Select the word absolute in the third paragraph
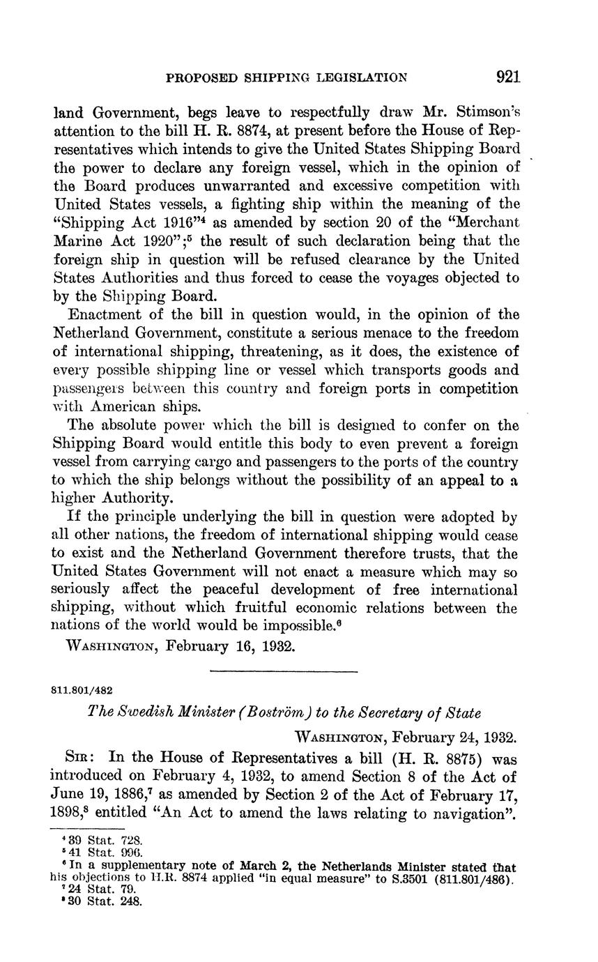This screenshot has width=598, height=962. [132, 425]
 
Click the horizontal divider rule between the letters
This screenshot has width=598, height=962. [284, 671]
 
